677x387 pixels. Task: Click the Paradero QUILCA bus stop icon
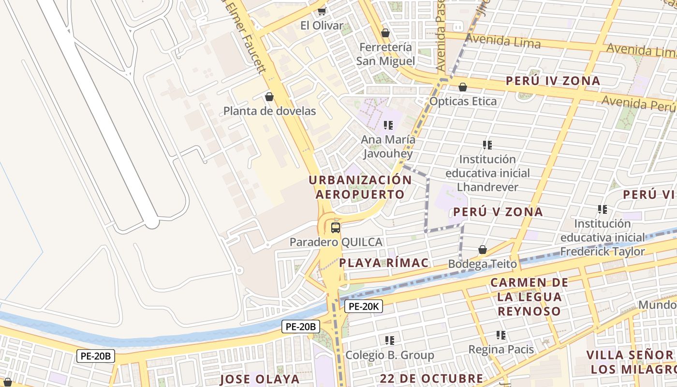pyautogui.click(x=336, y=227)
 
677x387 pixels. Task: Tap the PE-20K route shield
pyautogui.click(x=364, y=306)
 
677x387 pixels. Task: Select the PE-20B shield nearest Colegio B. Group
pyautogui.click(x=300, y=327)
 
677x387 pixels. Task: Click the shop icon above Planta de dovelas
pyautogui.click(x=269, y=97)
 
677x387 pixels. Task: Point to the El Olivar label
pyautogui.click(x=322, y=26)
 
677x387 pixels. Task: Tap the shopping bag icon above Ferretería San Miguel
pyautogui.click(x=385, y=33)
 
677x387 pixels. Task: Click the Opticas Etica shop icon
pyautogui.click(x=463, y=87)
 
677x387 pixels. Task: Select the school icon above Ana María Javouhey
pyautogui.click(x=388, y=125)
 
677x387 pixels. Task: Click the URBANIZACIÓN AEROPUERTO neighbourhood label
pyautogui.click(x=360, y=187)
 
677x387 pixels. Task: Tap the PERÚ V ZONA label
pyautogui.click(x=498, y=212)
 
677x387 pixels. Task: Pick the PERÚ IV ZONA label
pyautogui.click(x=553, y=81)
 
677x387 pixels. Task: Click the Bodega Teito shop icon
pyautogui.click(x=482, y=250)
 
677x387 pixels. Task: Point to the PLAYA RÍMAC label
pyautogui.click(x=384, y=263)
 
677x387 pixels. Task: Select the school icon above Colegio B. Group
pyautogui.click(x=390, y=341)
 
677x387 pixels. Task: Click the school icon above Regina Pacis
pyautogui.click(x=501, y=335)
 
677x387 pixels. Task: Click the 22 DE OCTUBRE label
pyautogui.click(x=431, y=378)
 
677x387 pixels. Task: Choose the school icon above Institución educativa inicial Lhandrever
pyautogui.click(x=487, y=145)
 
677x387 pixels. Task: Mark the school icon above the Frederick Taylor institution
pyautogui.click(x=603, y=209)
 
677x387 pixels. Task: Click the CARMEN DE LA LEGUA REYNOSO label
pyautogui.click(x=529, y=297)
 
